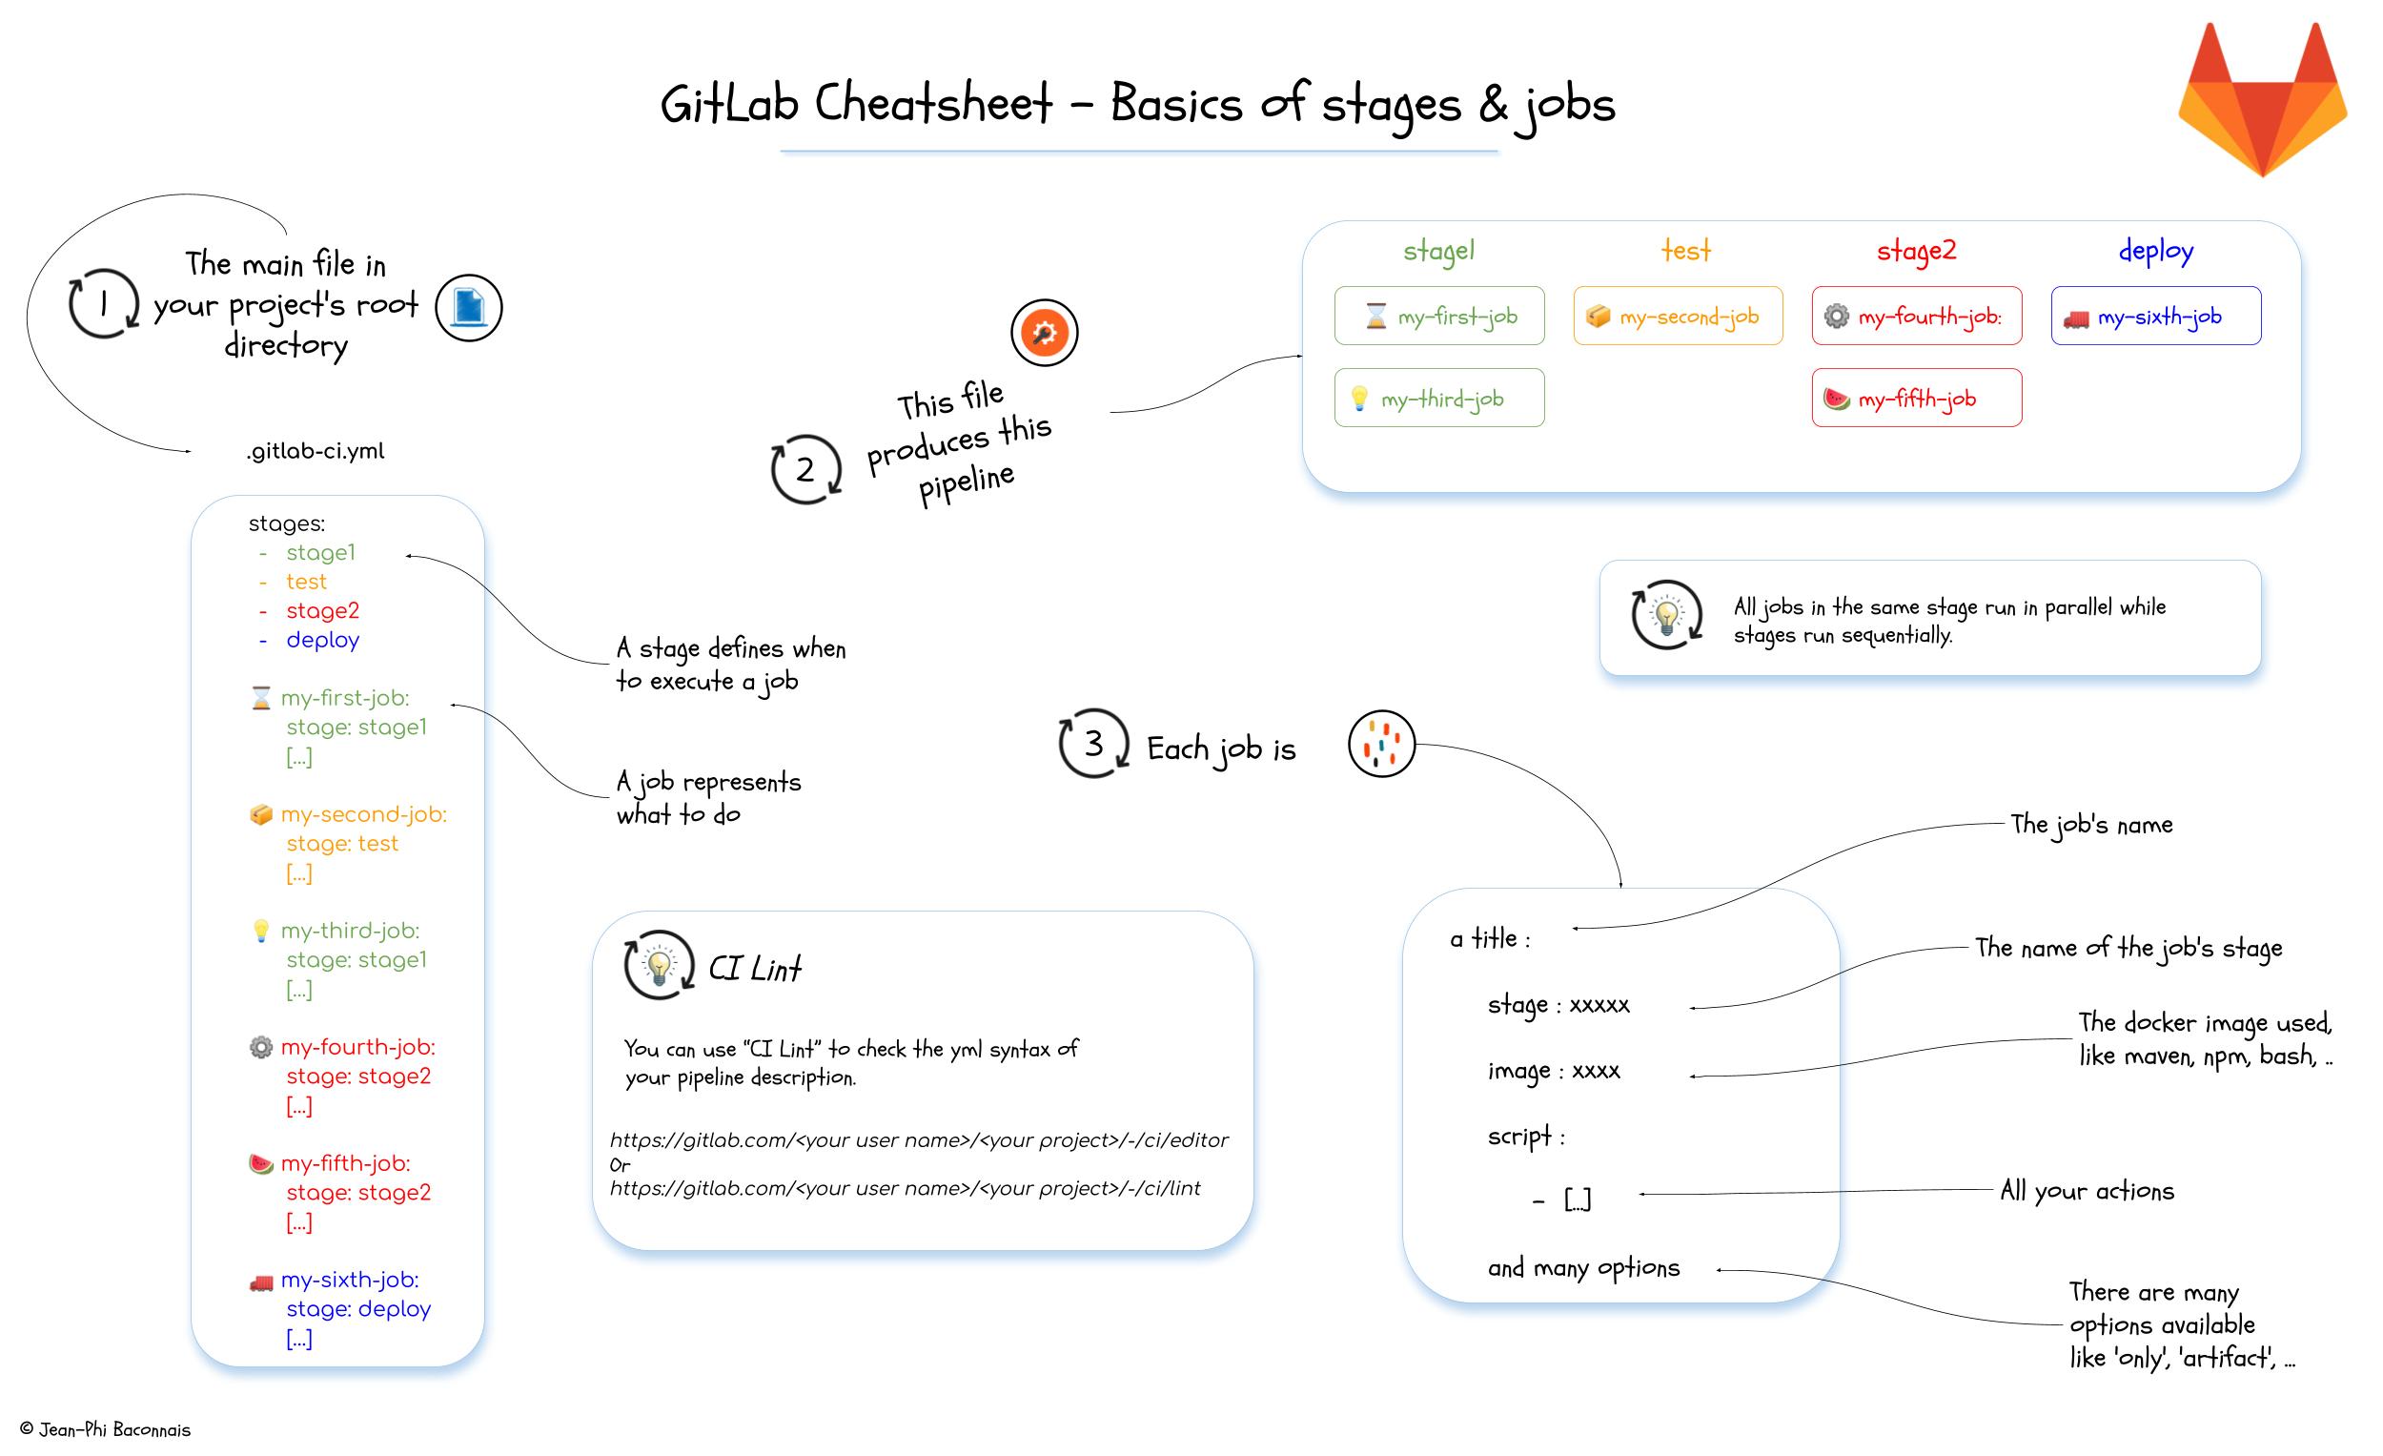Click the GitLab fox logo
click(x=2262, y=102)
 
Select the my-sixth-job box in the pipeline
click(x=2156, y=317)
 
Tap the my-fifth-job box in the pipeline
click(x=1916, y=398)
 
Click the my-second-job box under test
click(x=1677, y=317)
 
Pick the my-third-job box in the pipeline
click(x=1439, y=398)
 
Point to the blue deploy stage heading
click(x=2156, y=251)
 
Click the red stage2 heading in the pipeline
click(x=1916, y=251)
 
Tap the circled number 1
click(x=104, y=304)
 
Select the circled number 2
click(x=805, y=470)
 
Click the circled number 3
click(x=1093, y=744)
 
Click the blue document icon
click(x=469, y=308)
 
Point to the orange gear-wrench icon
click(x=1044, y=333)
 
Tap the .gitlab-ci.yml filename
click(x=316, y=451)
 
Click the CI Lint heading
click(x=754, y=969)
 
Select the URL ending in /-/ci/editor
click(x=919, y=1140)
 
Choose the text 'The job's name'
click(x=2091, y=824)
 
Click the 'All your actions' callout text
click(x=2087, y=1191)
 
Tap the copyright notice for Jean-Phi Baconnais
click(x=106, y=1430)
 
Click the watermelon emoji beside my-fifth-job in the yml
click(x=261, y=1164)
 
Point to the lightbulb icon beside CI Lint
click(x=660, y=966)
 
